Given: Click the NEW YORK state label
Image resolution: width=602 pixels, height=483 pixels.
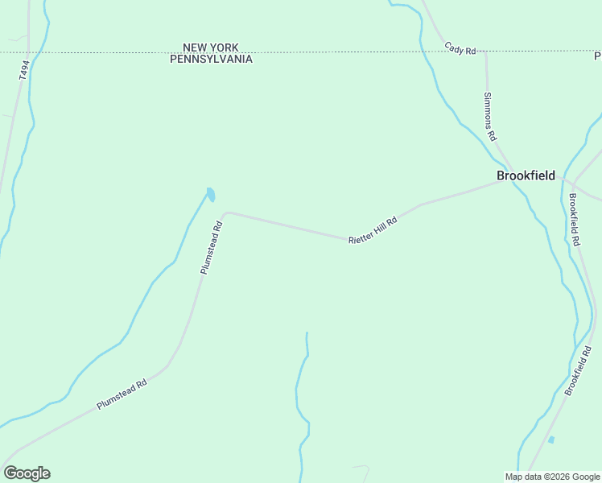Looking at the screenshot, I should [211, 48].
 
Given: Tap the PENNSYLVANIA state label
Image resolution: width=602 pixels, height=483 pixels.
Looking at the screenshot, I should [211, 59].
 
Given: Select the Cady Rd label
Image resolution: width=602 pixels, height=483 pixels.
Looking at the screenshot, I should [460, 49].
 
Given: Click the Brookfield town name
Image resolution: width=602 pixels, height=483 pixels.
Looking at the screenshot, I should [526, 175].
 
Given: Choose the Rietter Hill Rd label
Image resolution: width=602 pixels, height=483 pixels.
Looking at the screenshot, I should [373, 230].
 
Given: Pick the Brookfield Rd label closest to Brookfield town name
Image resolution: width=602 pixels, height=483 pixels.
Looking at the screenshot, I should [574, 219].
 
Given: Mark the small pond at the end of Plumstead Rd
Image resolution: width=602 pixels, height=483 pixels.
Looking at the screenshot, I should [211, 194].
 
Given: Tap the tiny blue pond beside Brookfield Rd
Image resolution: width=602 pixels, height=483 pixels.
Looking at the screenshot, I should [551, 440].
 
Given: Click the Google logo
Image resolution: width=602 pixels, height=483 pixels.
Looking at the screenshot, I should [27, 473].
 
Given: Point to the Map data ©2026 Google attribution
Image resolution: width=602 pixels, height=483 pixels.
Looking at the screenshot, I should [552, 477].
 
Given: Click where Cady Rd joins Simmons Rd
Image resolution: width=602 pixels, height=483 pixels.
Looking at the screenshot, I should [485, 54].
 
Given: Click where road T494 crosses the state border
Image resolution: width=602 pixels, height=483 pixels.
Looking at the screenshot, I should [28, 52].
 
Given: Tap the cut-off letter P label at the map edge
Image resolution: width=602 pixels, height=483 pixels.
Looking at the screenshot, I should [598, 56].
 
